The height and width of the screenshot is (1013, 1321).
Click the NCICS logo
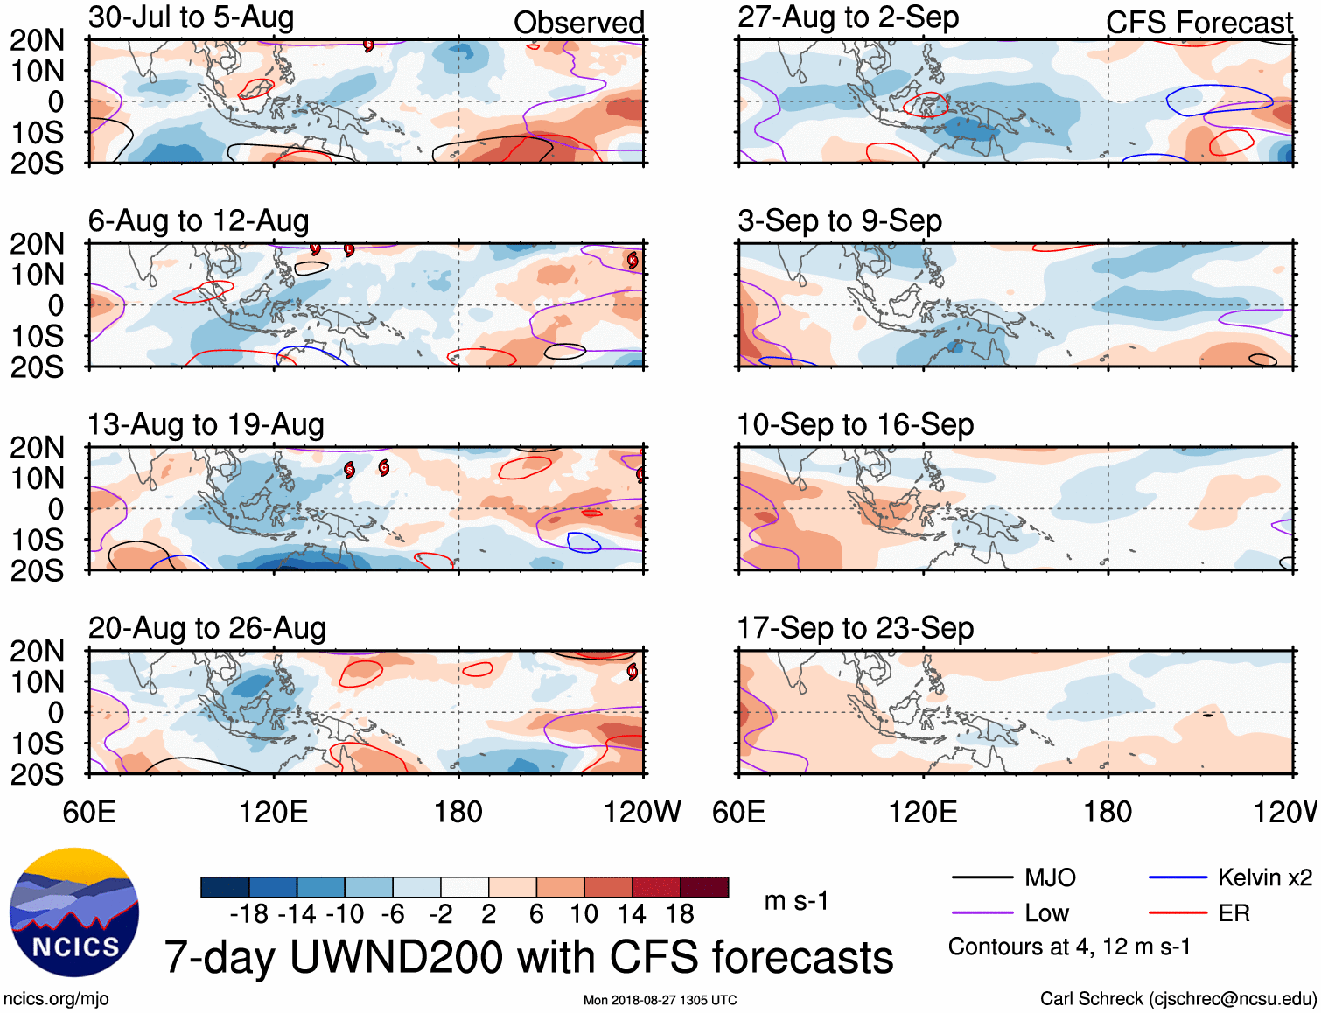pos(74,912)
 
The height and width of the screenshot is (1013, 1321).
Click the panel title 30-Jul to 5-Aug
pos(191,17)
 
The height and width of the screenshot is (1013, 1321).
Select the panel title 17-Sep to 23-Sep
pos(855,628)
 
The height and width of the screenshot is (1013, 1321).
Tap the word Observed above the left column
pos(578,23)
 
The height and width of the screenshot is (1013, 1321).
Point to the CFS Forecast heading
pos(1199,23)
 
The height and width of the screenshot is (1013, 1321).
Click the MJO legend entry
pos(1049,877)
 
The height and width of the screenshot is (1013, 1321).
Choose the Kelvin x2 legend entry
pos(1263,877)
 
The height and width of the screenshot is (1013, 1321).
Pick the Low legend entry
pos(1046,913)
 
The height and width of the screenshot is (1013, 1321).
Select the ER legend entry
pos(1234,913)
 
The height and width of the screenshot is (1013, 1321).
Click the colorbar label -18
pos(249,914)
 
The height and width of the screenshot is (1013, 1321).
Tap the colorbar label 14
pos(631,914)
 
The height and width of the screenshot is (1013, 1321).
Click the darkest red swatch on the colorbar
pos(704,887)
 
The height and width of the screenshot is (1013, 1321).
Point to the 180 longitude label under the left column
pos(458,812)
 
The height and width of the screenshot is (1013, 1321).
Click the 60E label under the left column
pos(89,812)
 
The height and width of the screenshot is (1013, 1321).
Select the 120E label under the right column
pos(923,812)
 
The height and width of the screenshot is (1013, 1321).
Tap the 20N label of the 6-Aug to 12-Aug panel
pos(37,244)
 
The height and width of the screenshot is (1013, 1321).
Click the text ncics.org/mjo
pos(56,999)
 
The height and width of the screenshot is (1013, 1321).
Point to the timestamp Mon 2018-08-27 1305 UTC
pos(660,1000)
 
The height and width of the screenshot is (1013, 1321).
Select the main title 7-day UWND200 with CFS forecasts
pos(528,957)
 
